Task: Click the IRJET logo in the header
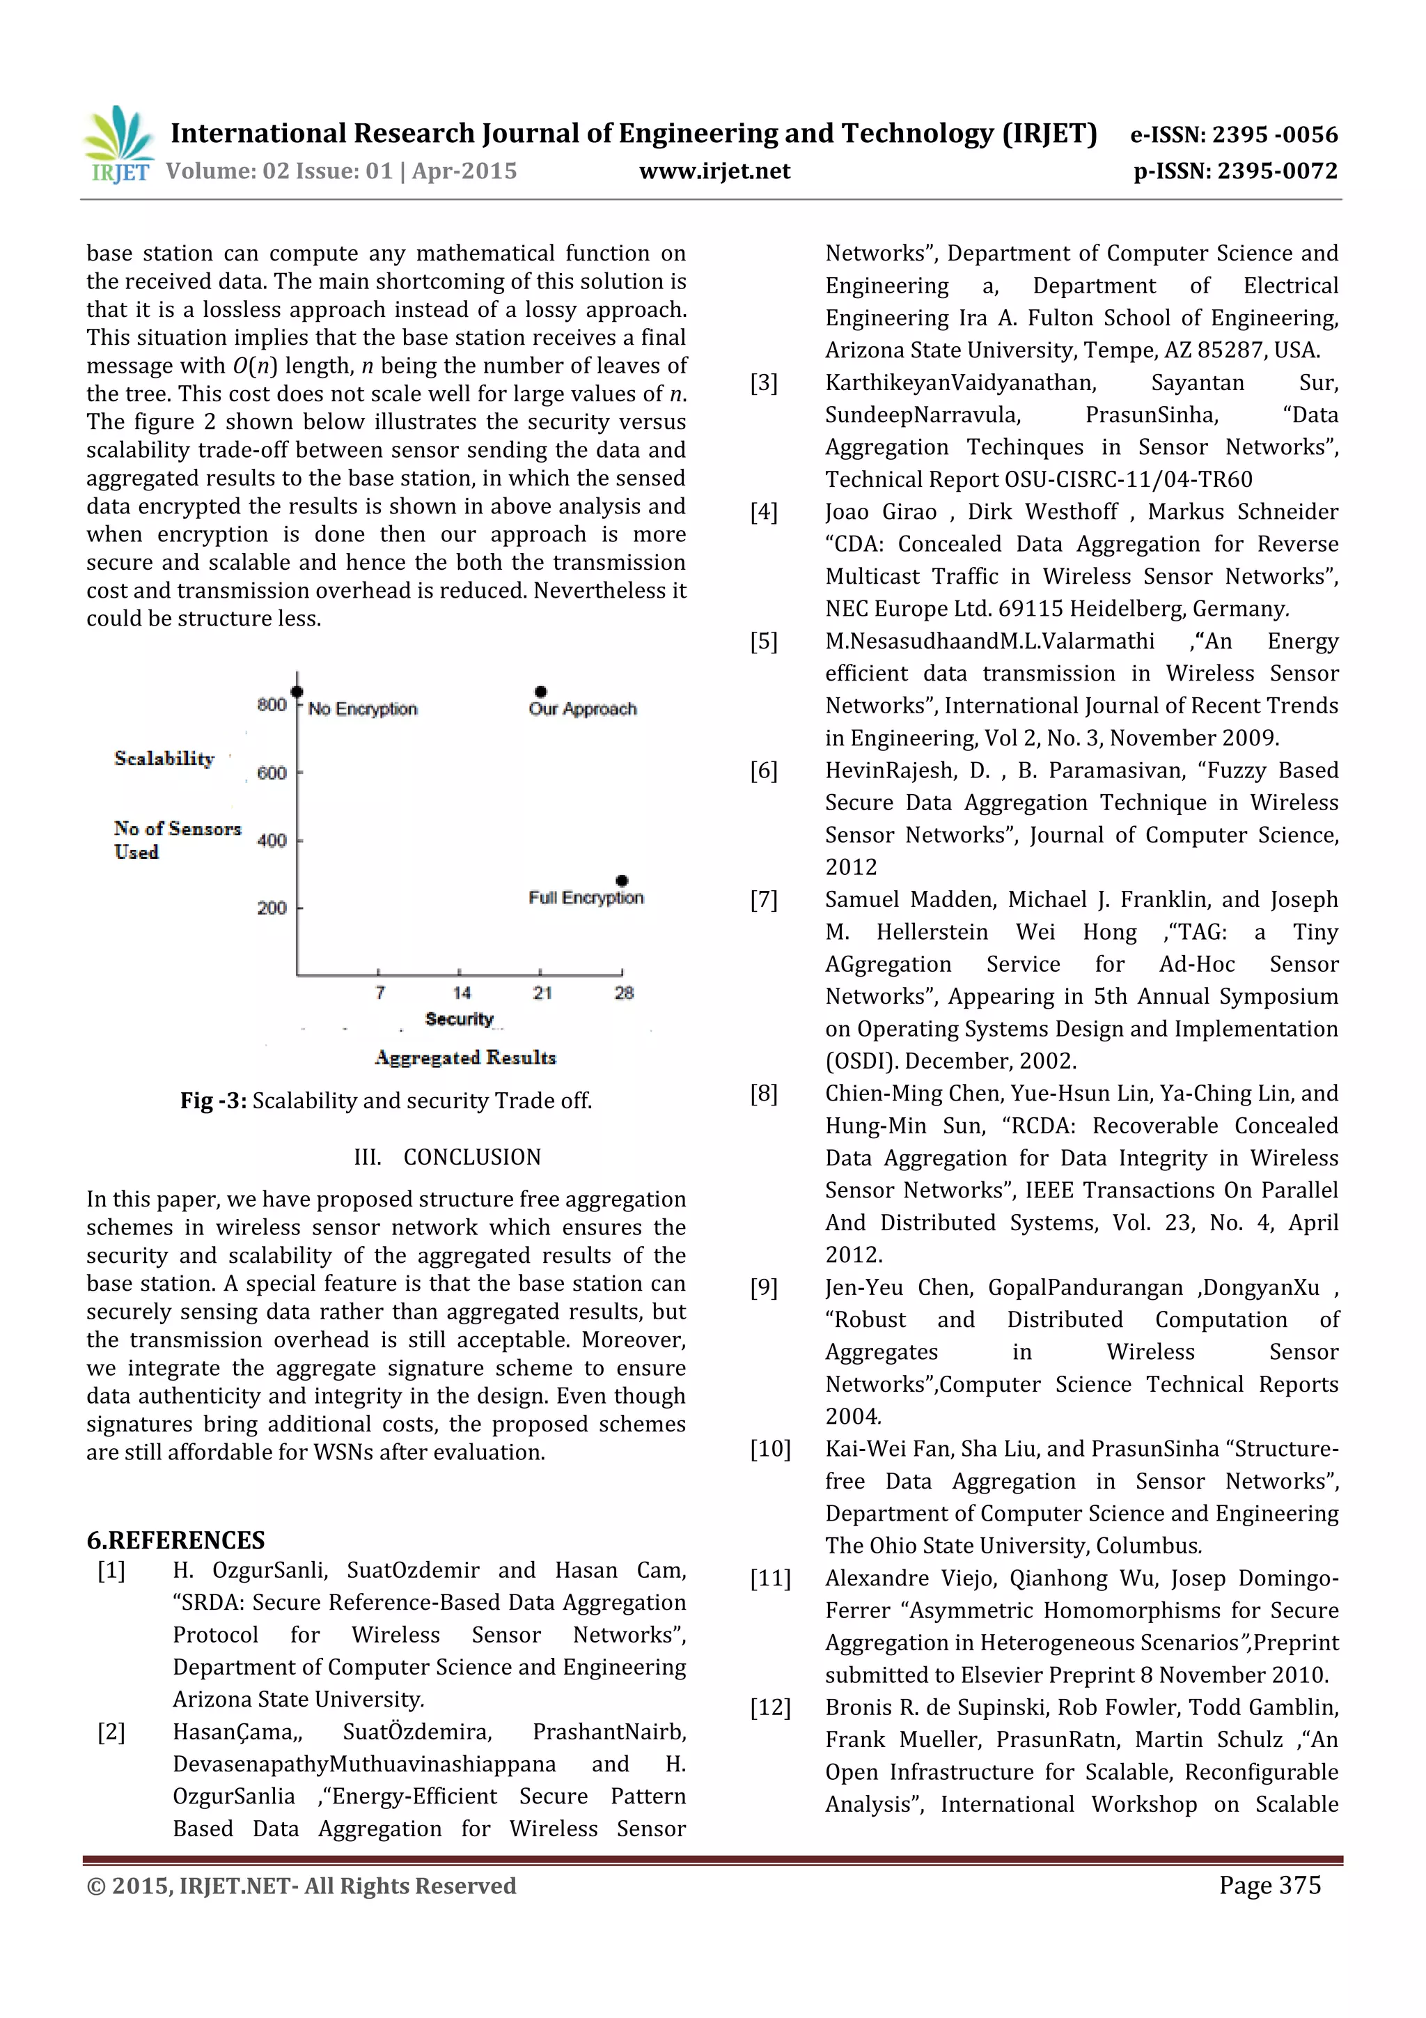coord(118,144)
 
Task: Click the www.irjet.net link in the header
coord(714,171)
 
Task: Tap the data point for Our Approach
coord(540,692)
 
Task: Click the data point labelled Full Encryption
coord(622,880)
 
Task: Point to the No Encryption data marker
coord(297,692)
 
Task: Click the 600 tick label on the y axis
coord(272,773)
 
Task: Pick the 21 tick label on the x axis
coord(542,993)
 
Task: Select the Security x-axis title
coord(459,1018)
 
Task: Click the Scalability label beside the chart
coord(164,759)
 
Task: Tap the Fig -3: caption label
coord(214,1101)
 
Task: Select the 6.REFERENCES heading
coord(175,1540)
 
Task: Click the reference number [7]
coord(764,900)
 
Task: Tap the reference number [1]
coord(111,1570)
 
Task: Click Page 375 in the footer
coord(1269,1884)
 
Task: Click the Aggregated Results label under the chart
coord(465,1057)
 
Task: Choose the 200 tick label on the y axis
coord(272,908)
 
